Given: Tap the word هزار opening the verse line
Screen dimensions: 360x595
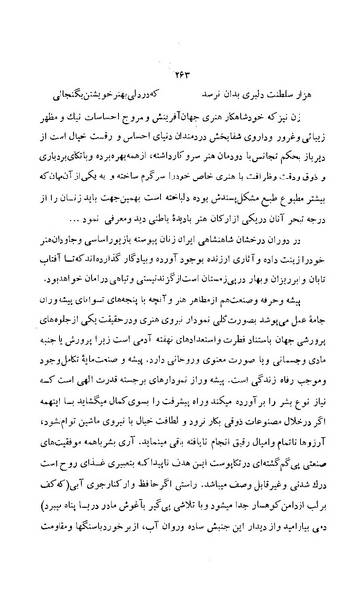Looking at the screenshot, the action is pyautogui.click(x=317, y=101).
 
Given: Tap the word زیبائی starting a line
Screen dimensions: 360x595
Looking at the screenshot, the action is pyautogui.click(x=319, y=147).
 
